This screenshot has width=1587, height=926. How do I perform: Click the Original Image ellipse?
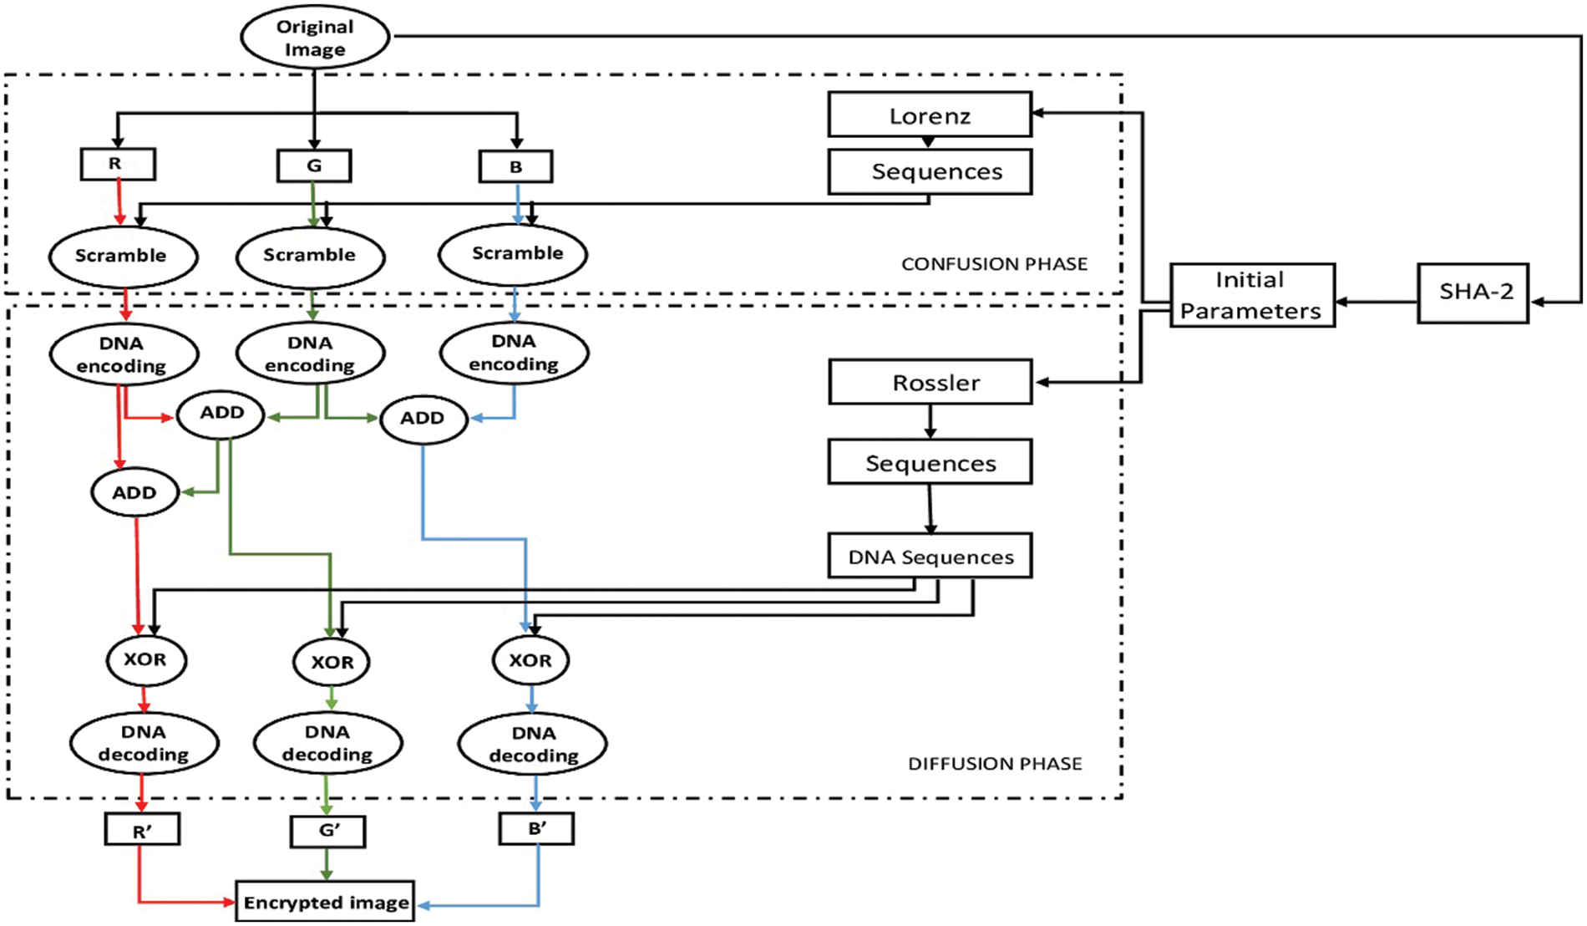click(315, 38)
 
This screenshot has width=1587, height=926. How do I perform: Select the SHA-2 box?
click(1473, 293)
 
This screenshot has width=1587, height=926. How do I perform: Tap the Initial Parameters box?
click(1251, 295)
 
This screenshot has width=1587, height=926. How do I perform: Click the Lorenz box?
click(930, 114)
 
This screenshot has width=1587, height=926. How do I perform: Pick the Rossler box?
click(930, 383)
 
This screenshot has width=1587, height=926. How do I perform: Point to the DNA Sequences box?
click(930, 557)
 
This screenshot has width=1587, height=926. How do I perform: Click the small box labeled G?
click(314, 165)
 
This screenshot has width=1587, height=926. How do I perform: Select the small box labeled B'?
click(536, 829)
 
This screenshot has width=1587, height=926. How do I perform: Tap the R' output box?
click(142, 831)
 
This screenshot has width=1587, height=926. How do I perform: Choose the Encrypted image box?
click(326, 902)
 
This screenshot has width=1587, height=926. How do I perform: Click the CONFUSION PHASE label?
click(994, 264)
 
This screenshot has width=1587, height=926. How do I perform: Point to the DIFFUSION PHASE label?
click(994, 763)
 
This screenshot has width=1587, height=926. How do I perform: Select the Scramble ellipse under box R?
click(122, 256)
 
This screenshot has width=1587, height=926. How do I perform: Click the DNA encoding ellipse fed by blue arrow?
click(514, 353)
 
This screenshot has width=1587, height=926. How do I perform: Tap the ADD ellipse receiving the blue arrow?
click(423, 419)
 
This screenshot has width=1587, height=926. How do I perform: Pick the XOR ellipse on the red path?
click(145, 659)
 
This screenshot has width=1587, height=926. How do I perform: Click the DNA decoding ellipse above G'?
click(327, 743)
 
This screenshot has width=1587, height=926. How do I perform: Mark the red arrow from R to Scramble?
click(119, 202)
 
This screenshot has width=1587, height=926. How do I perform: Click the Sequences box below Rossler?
click(930, 463)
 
